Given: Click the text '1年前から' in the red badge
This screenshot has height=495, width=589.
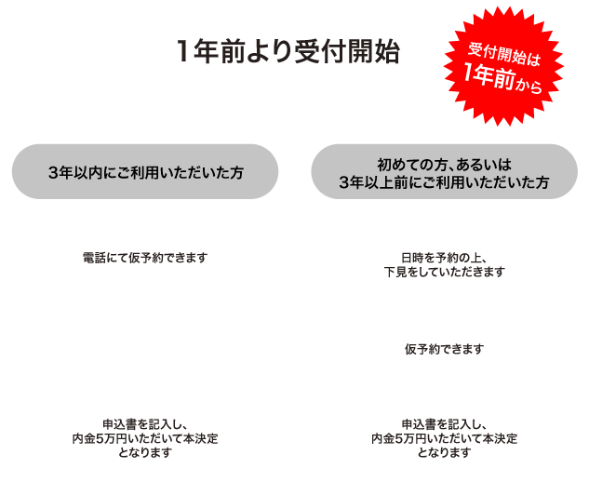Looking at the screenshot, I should [502, 82].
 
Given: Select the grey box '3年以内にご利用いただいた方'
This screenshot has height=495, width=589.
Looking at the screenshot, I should [145, 173].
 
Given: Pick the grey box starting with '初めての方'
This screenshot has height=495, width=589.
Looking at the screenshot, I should [444, 173].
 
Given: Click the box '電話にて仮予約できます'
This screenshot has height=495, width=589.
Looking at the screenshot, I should [145, 256].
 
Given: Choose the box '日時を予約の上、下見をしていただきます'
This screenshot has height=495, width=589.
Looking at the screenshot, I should [444, 264].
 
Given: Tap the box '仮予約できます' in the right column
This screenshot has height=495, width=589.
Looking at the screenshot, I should [444, 349].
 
